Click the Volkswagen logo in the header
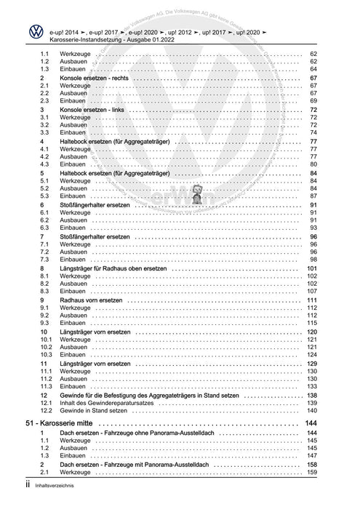(x=34, y=33)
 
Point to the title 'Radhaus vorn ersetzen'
(x=92, y=300)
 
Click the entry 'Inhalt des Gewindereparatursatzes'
(x=108, y=403)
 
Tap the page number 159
(x=311, y=473)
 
